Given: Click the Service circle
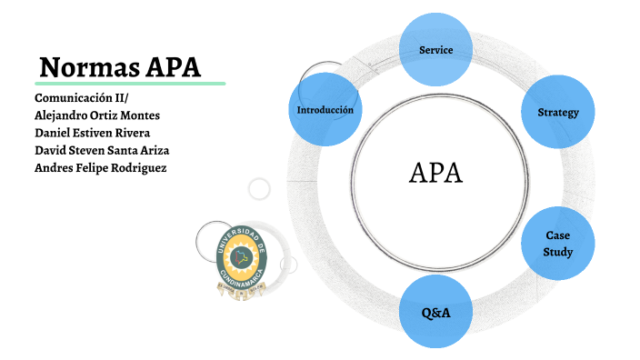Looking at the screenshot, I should (x=435, y=49).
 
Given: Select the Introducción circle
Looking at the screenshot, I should (x=325, y=110).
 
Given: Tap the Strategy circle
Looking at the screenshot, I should (x=557, y=112).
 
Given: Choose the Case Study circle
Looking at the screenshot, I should (x=557, y=244).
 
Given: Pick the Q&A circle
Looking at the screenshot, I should (x=435, y=312).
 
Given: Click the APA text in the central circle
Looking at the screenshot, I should (x=436, y=173).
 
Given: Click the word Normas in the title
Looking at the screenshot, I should (x=89, y=66).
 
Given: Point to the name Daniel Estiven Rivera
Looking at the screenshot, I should (x=92, y=132).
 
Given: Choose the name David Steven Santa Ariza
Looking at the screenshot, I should (x=102, y=150).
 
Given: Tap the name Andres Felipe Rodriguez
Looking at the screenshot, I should (x=100, y=168).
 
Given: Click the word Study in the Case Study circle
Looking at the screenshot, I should (x=557, y=252).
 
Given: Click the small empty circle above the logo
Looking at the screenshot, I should (x=259, y=189).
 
